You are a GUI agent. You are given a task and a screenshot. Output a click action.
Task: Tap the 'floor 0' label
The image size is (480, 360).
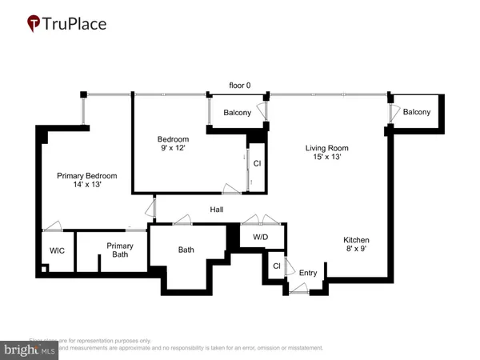pyautogui.click(x=240, y=85)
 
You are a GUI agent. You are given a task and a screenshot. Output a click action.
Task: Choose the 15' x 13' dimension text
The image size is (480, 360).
pyautogui.click(x=328, y=158)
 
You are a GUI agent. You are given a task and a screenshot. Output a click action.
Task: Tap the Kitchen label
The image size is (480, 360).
pyautogui.click(x=358, y=239)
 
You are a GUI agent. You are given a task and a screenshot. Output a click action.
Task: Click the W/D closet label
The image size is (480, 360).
pyautogui.click(x=261, y=237)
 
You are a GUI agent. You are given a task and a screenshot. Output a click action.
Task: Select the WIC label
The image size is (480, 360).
pyautogui.click(x=57, y=250)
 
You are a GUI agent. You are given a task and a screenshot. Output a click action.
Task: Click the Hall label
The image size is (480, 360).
pyautogui.click(x=217, y=210)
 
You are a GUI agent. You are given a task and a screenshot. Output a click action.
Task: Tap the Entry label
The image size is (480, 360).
pyautogui.click(x=308, y=274)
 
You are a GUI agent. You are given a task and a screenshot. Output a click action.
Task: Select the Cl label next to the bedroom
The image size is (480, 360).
pyautogui.click(x=257, y=163)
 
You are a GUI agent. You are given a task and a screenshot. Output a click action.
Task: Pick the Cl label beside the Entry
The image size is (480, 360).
pyautogui.click(x=276, y=266)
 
